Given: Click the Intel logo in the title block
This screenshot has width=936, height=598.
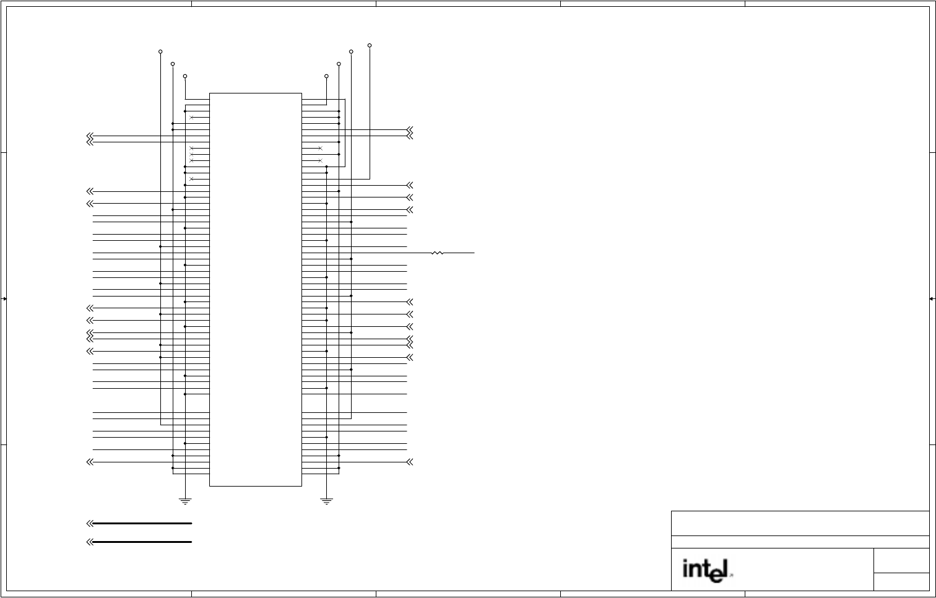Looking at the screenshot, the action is point(706,570).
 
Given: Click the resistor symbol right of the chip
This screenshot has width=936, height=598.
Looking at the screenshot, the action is point(438,253).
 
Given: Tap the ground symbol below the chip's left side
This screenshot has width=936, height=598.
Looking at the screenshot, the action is point(185,501).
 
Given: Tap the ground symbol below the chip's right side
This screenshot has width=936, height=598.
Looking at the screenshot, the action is point(327,501).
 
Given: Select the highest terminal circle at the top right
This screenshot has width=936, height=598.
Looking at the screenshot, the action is point(370,45).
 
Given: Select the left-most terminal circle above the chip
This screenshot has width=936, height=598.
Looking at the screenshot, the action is point(160,52).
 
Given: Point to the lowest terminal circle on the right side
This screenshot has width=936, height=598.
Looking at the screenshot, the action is point(326,76).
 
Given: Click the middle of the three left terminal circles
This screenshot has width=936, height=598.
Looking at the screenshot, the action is point(173,64).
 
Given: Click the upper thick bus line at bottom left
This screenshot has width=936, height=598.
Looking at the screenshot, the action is point(142,524).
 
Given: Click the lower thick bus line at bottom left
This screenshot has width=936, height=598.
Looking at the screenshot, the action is point(142,542).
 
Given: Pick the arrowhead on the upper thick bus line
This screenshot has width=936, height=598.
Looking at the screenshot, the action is point(90,524).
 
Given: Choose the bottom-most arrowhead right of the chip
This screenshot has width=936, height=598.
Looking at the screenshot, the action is point(409,462).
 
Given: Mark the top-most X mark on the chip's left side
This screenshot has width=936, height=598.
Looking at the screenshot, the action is point(192,118).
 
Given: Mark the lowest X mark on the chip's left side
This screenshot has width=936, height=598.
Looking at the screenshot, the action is point(192,179).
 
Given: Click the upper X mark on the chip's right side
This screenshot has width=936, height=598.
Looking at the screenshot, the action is point(320,149).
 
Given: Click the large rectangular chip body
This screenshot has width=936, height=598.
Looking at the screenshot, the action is point(256,290).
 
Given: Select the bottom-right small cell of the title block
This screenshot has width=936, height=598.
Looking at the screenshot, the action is point(901,582).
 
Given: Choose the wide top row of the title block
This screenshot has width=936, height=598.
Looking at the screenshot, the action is point(800,523).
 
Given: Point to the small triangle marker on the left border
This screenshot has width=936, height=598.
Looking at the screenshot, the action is point(4,299).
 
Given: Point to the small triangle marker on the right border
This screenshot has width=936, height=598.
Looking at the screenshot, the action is point(932,299).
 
